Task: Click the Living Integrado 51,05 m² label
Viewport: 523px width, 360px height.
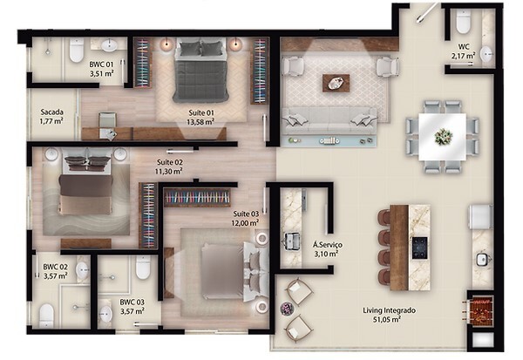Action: (391, 316)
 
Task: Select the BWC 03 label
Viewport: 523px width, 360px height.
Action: (132, 306)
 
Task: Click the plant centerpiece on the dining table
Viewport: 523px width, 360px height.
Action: (444, 135)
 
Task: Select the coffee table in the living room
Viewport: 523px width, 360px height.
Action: (333, 83)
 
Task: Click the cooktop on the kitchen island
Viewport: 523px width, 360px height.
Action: (418, 247)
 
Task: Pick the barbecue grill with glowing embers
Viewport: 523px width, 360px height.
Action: (481, 311)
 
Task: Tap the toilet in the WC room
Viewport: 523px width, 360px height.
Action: (463, 23)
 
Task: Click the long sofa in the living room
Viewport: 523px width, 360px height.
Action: (329, 117)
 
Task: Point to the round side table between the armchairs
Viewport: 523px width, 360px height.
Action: (286, 307)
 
